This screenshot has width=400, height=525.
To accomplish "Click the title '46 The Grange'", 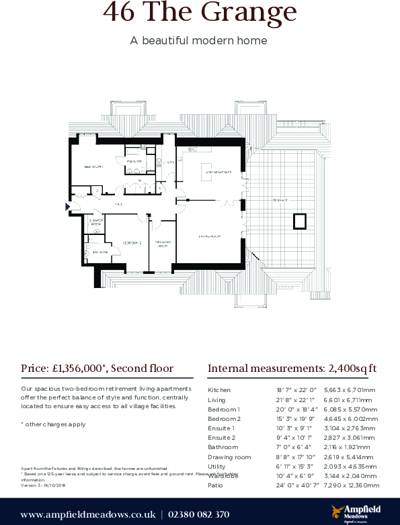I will click(x=200, y=12).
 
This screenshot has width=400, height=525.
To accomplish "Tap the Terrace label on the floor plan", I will click(x=280, y=200).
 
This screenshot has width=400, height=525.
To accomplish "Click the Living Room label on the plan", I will click(x=210, y=236).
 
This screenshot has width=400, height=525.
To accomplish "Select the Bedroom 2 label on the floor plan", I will click(x=131, y=242).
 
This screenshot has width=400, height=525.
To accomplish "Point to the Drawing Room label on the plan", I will click(x=162, y=244).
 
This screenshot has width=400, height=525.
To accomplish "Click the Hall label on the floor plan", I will click(x=118, y=203).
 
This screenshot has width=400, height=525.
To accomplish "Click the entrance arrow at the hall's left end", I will click(x=67, y=206).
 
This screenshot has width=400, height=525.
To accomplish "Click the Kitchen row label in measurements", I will click(x=219, y=390).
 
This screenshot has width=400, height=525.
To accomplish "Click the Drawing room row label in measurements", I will click(x=229, y=457).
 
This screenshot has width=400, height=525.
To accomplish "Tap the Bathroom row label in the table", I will click(x=223, y=447).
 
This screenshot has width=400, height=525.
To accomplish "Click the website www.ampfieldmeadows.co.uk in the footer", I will click(x=87, y=515).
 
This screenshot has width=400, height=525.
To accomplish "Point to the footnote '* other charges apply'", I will click(x=53, y=424).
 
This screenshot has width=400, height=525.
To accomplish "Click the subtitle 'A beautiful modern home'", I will click(x=199, y=41).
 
